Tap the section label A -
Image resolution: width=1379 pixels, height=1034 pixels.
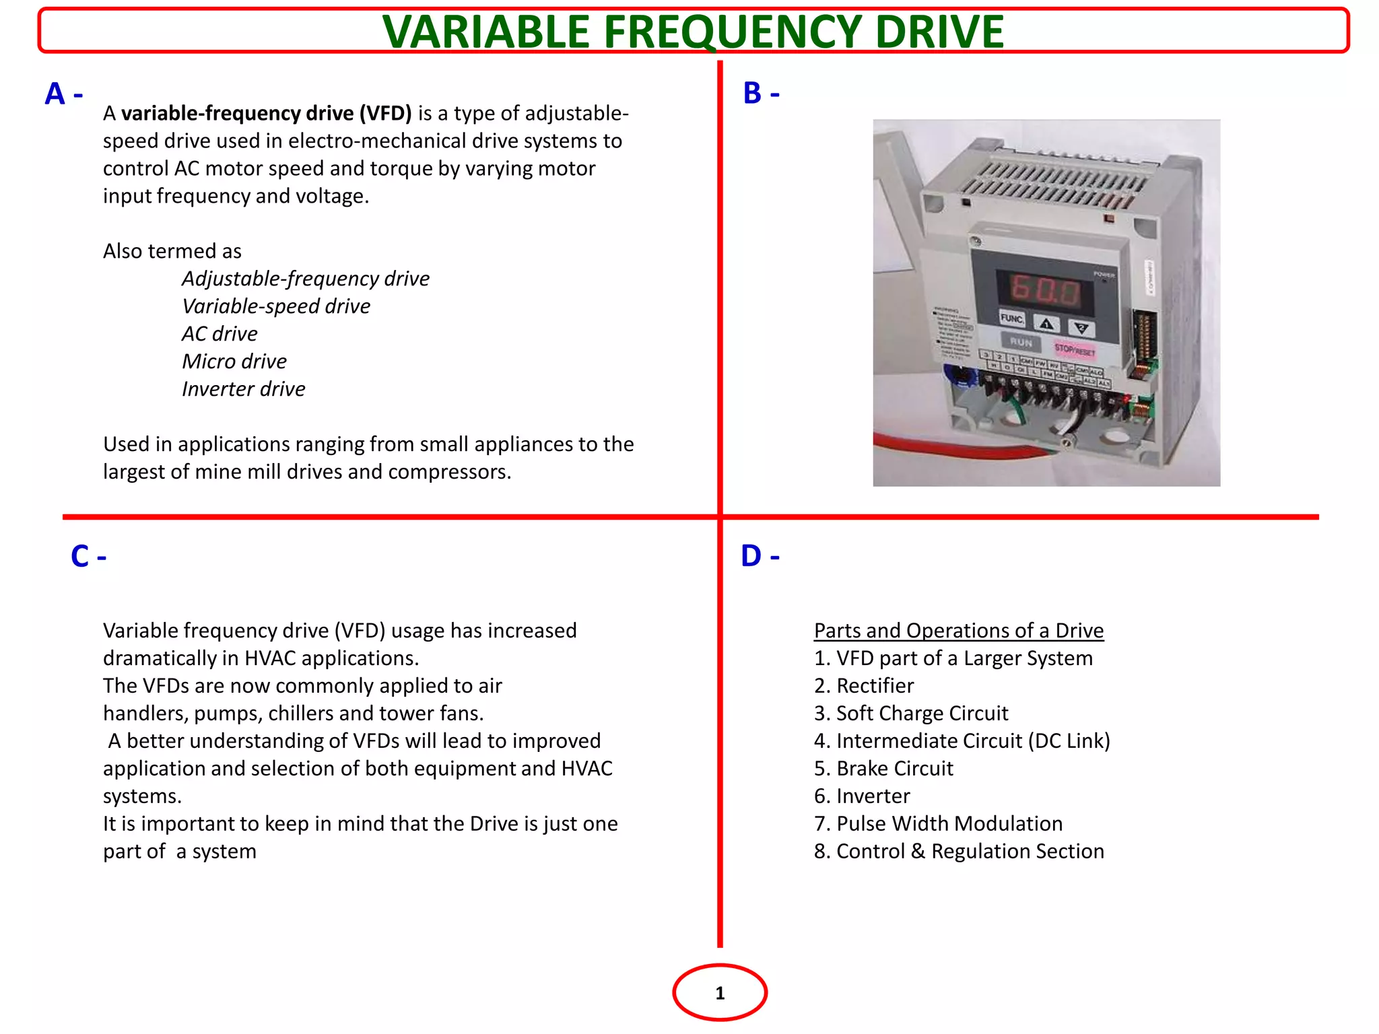pyautogui.click(x=63, y=94)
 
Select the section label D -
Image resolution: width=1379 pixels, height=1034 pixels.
pyautogui.click(x=760, y=557)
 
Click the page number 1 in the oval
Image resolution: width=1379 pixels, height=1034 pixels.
pyautogui.click(x=720, y=993)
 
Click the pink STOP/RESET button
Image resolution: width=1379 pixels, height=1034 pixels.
pyautogui.click(x=1075, y=349)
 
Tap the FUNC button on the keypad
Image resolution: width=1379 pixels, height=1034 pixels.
pyautogui.click(x=1012, y=318)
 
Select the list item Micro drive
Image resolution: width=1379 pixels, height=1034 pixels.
pyautogui.click(x=234, y=361)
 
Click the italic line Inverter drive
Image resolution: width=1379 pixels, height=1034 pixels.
pyautogui.click(x=243, y=389)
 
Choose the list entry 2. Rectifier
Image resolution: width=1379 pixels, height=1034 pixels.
pyautogui.click(x=863, y=686)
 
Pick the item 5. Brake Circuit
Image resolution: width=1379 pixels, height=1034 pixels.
pyautogui.click(x=883, y=769)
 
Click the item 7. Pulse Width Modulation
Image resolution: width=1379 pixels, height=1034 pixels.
pyautogui.click(x=938, y=824)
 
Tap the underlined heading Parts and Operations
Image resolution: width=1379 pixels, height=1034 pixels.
pyautogui.click(x=958, y=631)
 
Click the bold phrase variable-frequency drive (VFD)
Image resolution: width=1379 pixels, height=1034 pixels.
pyautogui.click(x=266, y=113)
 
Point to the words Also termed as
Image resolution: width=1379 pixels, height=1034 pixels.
pyautogui.click(x=172, y=251)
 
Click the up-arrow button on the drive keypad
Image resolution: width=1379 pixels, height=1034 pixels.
pyautogui.click(x=1046, y=324)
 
